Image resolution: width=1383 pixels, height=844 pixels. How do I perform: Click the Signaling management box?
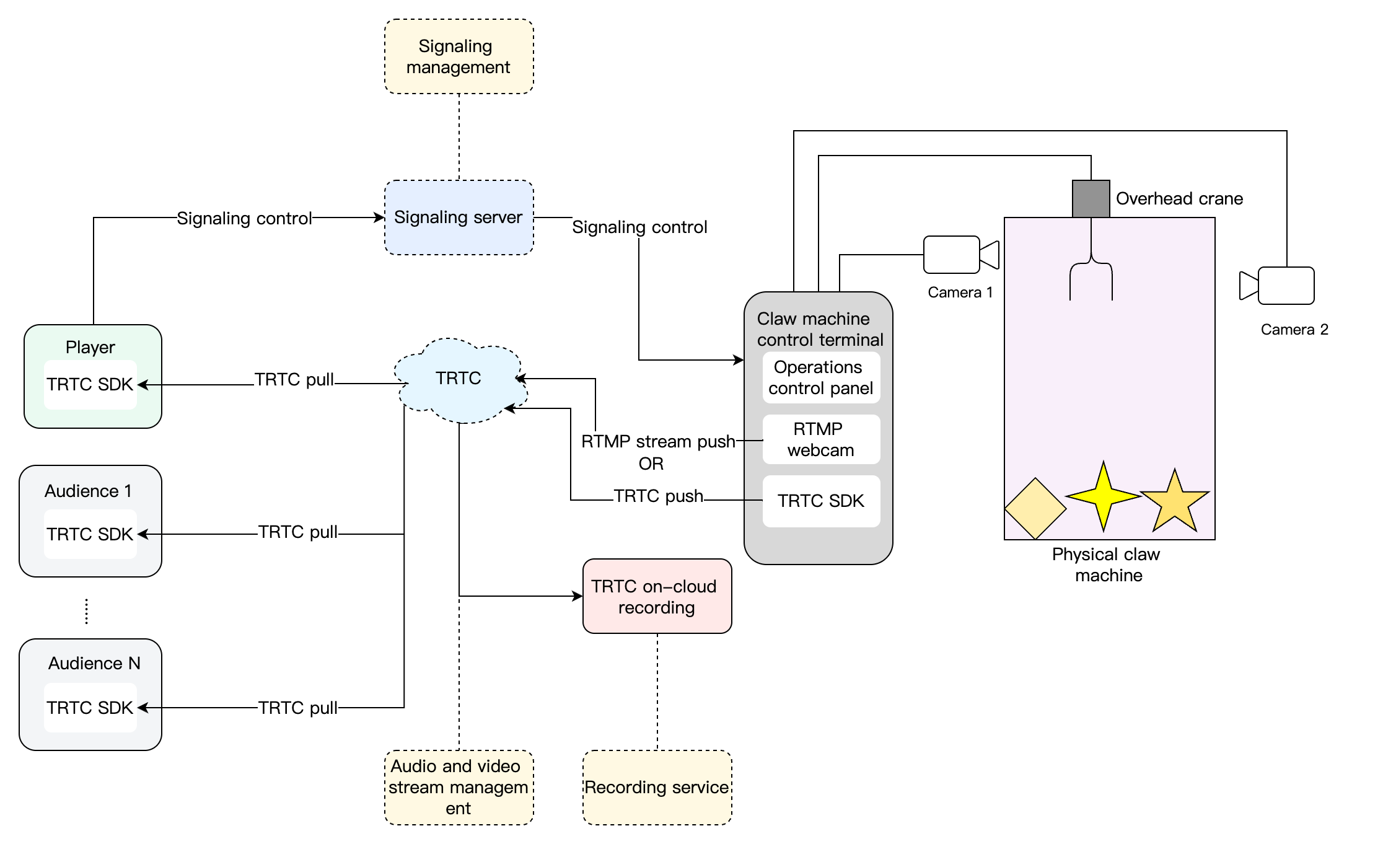[459, 56]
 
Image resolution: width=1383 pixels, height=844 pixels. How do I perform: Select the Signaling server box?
[459, 218]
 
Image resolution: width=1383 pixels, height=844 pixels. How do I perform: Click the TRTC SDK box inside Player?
[90, 385]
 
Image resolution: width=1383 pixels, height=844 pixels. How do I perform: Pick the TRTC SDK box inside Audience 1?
[90, 534]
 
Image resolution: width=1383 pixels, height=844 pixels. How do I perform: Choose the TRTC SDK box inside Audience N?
[90, 708]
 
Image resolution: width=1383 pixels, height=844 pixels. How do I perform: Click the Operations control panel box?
[820, 377]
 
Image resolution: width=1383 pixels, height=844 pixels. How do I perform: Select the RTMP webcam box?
[820, 439]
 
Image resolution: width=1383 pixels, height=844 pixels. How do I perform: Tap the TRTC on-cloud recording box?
[657, 596]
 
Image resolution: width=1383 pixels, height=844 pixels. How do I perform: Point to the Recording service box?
[657, 788]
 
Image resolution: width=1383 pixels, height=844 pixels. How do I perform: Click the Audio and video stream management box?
[459, 788]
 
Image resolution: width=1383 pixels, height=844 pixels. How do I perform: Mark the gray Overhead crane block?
[1091, 199]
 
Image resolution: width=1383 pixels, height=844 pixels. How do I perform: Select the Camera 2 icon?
[1279, 286]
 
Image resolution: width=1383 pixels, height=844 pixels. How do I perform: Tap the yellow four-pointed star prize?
[1103, 496]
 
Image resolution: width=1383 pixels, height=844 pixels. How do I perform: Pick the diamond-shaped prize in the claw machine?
[1035, 508]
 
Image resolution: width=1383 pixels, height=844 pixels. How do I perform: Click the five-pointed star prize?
[1175, 502]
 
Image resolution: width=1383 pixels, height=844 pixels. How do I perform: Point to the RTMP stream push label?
[658, 442]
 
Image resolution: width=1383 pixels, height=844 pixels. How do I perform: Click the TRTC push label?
[658, 496]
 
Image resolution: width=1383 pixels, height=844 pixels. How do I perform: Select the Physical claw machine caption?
[1107, 565]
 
